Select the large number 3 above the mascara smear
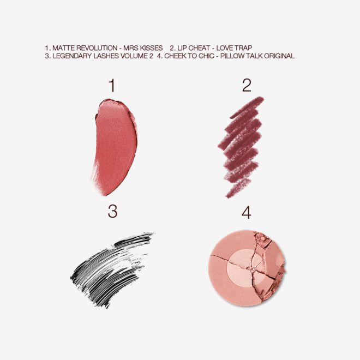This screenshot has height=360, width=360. [x=112, y=212]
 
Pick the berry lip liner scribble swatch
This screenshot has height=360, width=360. [x=241, y=147]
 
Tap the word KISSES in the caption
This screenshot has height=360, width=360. [x=151, y=47]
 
